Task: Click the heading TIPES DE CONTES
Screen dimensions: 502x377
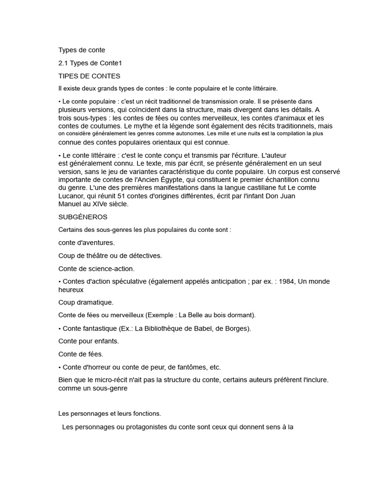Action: click(x=89, y=76)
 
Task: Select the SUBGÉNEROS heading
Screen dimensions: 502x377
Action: click(x=82, y=216)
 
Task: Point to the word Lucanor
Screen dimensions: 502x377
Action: click(x=72, y=196)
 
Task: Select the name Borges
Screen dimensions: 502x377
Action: click(x=239, y=328)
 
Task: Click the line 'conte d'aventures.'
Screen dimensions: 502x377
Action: click(x=86, y=242)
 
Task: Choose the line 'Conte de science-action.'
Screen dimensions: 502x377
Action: click(x=96, y=268)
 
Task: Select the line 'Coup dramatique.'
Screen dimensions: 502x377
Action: click(x=85, y=302)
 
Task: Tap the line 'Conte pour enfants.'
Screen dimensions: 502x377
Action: click(x=88, y=341)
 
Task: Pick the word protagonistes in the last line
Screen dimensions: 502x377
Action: click(x=132, y=427)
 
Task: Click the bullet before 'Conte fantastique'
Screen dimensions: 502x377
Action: click(x=60, y=328)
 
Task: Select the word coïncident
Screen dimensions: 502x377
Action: click(x=136, y=110)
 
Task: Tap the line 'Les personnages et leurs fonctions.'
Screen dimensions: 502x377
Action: click(x=109, y=413)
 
